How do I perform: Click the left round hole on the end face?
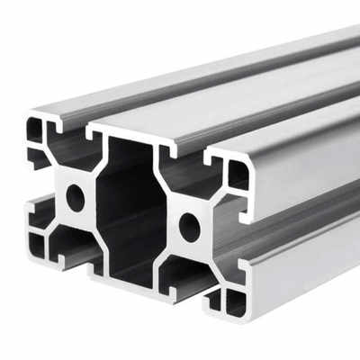click(76, 197)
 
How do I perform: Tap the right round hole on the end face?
click(189, 227)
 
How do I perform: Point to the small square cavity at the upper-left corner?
click(35, 132)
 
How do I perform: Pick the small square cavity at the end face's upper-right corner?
click(237, 175)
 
